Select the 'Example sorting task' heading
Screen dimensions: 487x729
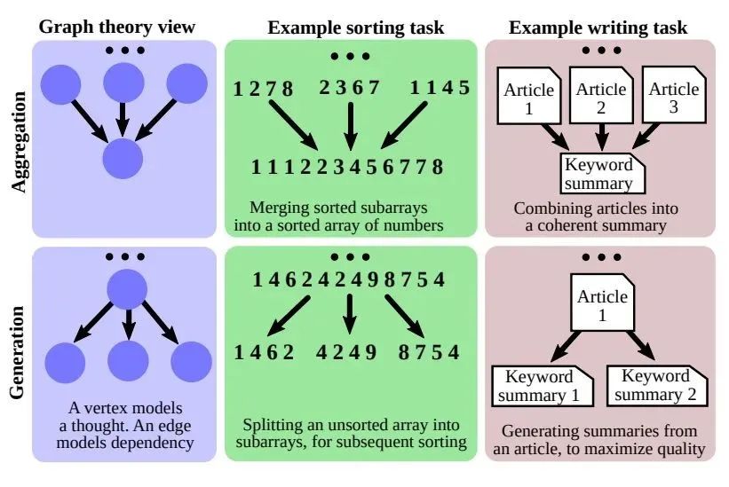350,27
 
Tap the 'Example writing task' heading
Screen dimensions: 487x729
598,27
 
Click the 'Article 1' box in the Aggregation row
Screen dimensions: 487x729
529,98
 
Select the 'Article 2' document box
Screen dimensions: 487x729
601,98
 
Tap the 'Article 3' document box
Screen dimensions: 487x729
674,98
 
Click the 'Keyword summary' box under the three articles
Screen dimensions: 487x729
599,174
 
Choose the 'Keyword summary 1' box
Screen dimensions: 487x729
541,386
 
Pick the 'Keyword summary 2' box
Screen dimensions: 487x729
658,386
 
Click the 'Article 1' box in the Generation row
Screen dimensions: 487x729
602,306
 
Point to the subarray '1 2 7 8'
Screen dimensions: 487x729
263,88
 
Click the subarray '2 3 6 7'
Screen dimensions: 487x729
350,88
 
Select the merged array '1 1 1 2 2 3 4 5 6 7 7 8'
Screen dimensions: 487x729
347,167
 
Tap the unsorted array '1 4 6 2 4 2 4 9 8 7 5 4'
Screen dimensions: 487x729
347,281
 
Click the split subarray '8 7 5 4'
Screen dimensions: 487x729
430,352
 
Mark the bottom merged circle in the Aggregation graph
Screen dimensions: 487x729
123,160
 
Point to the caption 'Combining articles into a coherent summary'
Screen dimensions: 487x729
596,217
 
